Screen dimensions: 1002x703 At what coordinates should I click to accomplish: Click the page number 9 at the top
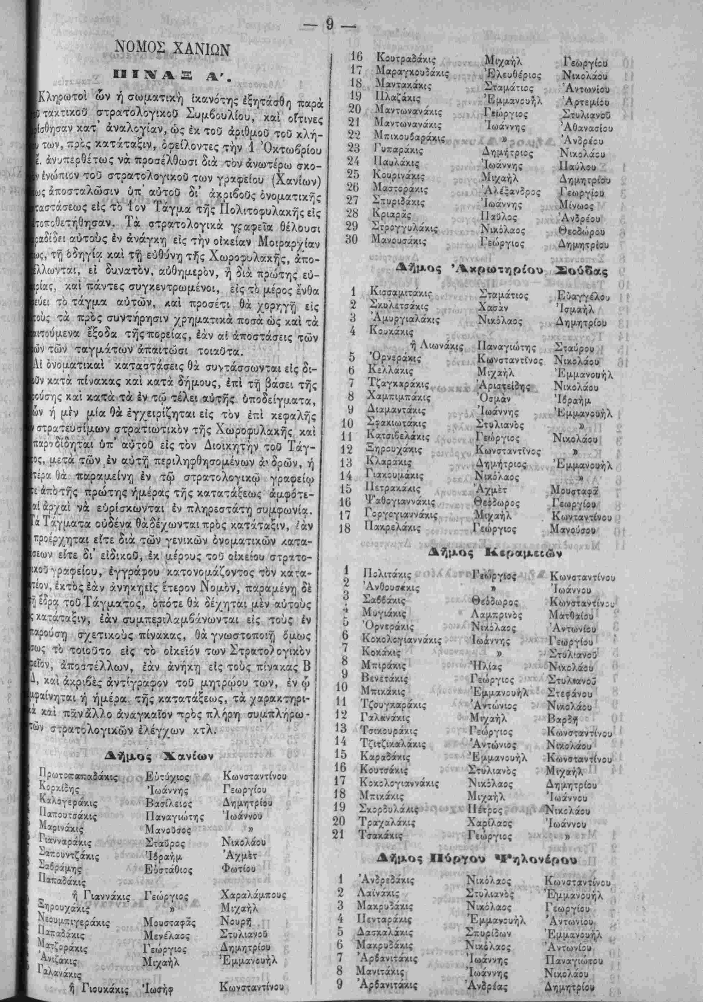click(330, 27)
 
